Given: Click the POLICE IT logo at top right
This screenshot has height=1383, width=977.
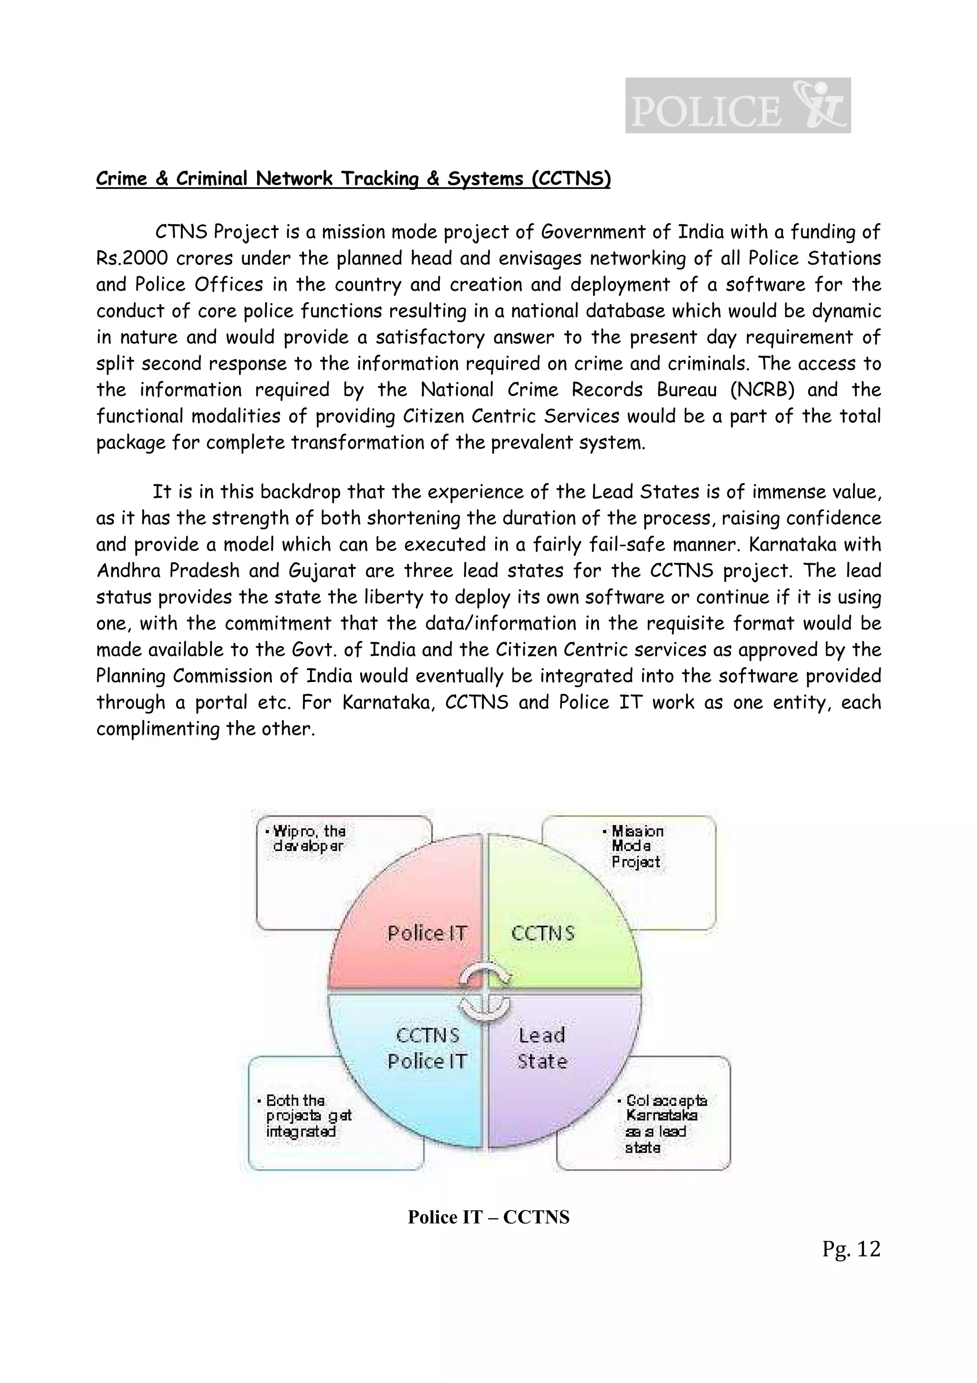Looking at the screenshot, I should click(x=738, y=106).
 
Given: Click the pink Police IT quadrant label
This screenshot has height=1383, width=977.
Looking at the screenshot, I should click(x=427, y=933).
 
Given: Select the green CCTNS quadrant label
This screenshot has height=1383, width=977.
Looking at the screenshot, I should click(x=542, y=933).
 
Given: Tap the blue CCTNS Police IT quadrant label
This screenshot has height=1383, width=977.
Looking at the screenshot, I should click(x=427, y=1048).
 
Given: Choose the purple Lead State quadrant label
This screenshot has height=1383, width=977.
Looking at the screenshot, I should click(x=542, y=1048).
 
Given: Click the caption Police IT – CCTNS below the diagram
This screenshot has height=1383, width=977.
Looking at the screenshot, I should click(x=488, y=1217).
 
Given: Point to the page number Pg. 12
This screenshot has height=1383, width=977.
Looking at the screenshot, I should click(x=851, y=1249).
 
